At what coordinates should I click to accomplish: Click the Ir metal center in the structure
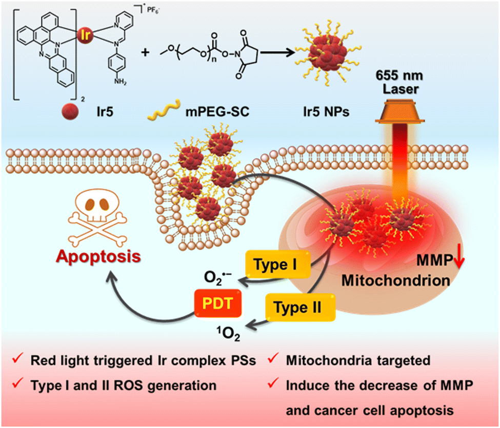(x=85, y=34)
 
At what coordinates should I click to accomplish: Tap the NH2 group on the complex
(x=120, y=81)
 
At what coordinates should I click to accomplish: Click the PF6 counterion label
(x=153, y=10)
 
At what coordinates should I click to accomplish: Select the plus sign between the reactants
(x=145, y=52)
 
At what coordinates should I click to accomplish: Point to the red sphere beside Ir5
(x=70, y=111)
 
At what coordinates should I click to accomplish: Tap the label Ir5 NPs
(x=326, y=112)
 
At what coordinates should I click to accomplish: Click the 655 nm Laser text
(x=400, y=82)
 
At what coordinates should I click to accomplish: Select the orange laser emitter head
(x=400, y=111)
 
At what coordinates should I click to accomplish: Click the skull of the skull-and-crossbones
(x=97, y=206)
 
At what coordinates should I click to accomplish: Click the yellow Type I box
(x=278, y=264)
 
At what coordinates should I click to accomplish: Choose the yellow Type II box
(x=301, y=308)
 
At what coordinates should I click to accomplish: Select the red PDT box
(x=218, y=303)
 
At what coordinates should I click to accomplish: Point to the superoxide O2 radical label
(x=218, y=278)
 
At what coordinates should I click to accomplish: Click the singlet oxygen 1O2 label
(x=229, y=334)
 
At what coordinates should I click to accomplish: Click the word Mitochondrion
(x=396, y=281)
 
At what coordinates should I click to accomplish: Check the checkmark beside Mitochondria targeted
(x=273, y=358)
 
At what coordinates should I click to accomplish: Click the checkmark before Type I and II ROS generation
(x=18, y=383)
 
